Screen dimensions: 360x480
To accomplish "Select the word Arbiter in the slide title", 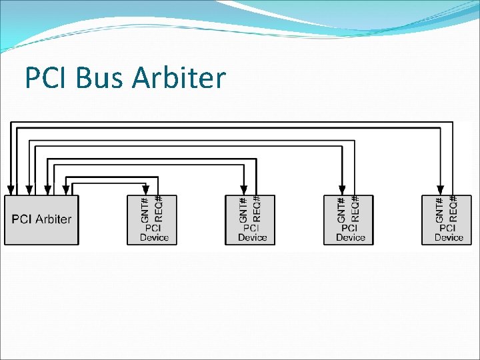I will [179, 79].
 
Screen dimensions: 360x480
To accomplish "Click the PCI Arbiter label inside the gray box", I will [41, 219].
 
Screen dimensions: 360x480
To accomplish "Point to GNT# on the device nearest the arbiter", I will [145, 209].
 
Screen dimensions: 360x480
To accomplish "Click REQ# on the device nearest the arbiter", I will [158, 209].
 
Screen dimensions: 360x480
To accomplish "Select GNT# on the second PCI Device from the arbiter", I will [243, 209].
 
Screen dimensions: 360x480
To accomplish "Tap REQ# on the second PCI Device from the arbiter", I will [257, 209].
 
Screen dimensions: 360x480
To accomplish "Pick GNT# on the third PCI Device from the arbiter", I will [341, 209].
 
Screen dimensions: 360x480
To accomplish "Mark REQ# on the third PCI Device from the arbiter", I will [355, 209].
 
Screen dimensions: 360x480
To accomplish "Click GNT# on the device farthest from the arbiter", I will [439, 209].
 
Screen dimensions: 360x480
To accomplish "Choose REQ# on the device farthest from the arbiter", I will [453, 209].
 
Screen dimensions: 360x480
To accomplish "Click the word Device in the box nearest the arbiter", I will [154, 237].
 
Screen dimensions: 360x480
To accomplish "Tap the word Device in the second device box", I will [252, 237].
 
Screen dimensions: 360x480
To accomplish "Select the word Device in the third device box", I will [351, 237].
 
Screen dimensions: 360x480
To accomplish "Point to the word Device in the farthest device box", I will [449, 237].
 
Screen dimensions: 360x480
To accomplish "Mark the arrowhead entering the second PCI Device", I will [243, 191].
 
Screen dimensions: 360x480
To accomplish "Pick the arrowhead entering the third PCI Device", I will [341, 191].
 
